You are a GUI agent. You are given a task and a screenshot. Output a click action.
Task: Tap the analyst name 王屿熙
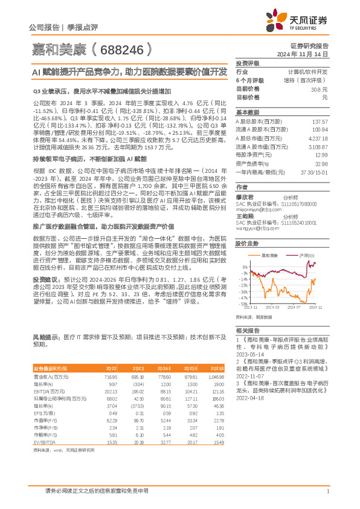[245, 216]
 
